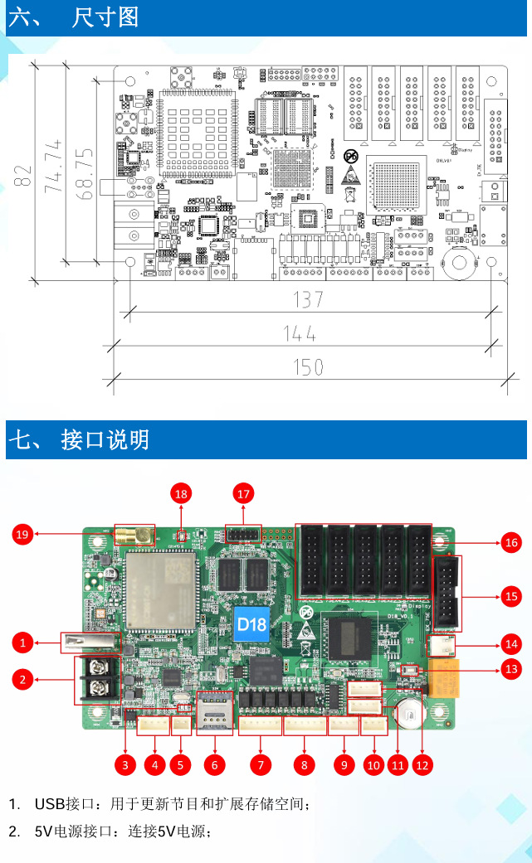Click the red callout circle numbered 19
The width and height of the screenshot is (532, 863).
pyautogui.click(x=24, y=536)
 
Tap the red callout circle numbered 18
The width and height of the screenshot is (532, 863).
pyautogui.click(x=181, y=494)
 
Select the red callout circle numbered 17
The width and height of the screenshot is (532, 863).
pyautogui.click(x=243, y=494)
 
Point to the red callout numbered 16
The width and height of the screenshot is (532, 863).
pyautogui.click(x=511, y=543)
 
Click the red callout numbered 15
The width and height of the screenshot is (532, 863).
pyautogui.click(x=511, y=595)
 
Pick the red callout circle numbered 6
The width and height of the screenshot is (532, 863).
pyautogui.click(x=214, y=765)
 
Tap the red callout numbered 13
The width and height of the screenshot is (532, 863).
pyautogui.click(x=511, y=668)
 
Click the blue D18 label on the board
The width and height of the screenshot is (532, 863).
pyautogui.click(x=251, y=622)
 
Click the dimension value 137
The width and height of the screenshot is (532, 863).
pyautogui.click(x=308, y=299)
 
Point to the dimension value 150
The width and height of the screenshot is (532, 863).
pyautogui.click(x=308, y=366)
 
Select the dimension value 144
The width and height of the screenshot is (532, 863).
pyautogui.click(x=300, y=333)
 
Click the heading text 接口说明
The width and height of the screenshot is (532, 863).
pyautogui.click(x=105, y=439)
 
